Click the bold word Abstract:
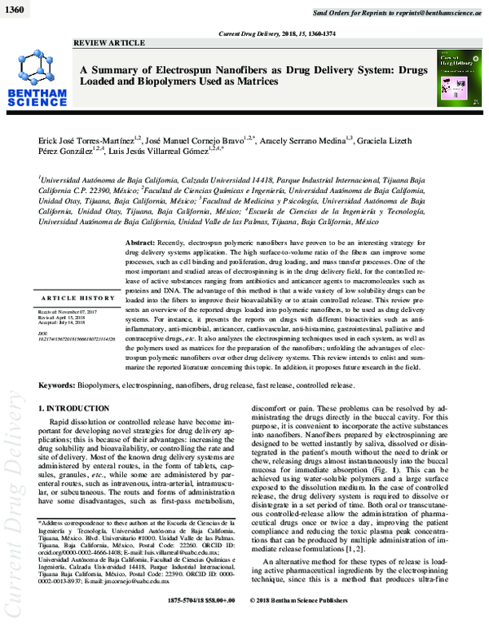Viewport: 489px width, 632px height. click(141, 244)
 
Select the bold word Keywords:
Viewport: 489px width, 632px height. click(63, 383)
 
